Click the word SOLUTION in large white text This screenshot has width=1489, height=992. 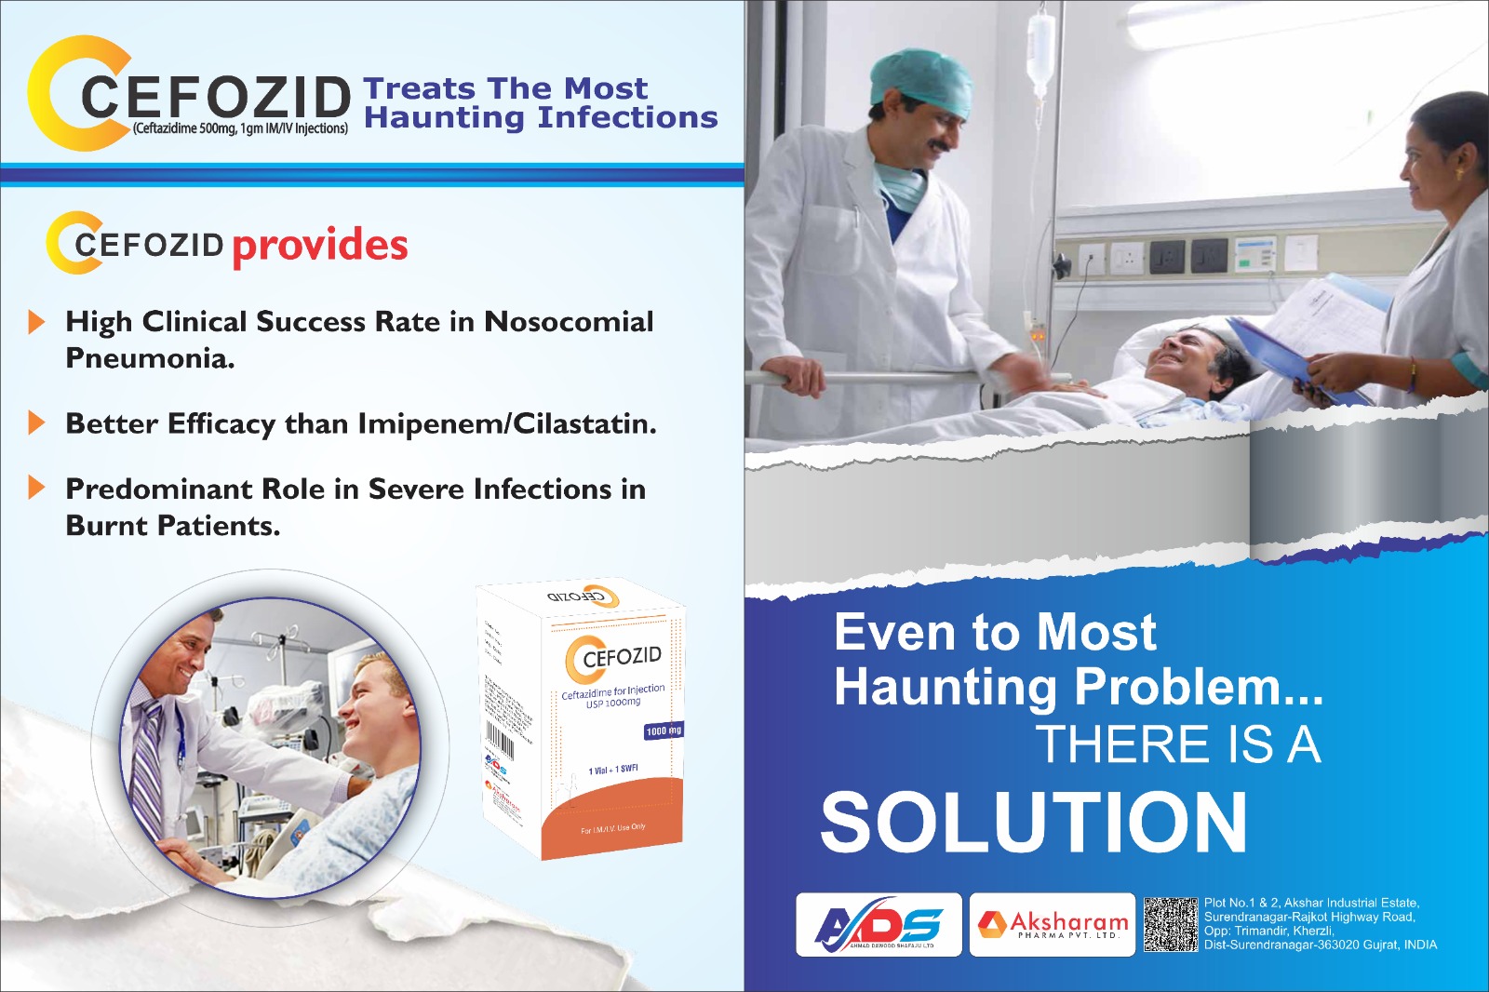point(1033,822)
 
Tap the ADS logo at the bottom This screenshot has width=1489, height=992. point(879,925)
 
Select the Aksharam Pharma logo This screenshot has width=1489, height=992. point(1053,924)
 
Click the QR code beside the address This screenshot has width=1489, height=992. point(1170,924)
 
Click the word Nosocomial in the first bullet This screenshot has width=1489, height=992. point(569,321)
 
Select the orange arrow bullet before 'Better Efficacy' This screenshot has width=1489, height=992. point(36,423)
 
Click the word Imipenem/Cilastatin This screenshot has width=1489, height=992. point(507,423)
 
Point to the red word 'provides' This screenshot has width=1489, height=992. point(319,246)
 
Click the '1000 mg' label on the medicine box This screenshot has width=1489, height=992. point(663,731)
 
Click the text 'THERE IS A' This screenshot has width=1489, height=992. point(1178,744)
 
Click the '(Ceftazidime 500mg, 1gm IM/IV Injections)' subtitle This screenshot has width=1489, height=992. point(240,128)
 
